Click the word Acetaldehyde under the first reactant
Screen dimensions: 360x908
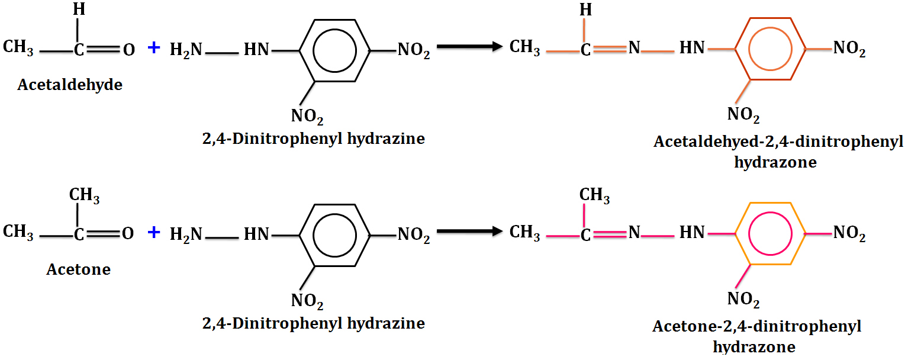click(x=70, y=85)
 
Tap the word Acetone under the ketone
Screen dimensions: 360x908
click(x=78, y=269)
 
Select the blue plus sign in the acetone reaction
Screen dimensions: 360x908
click(x=154, y=233)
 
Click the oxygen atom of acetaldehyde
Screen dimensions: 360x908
click(x=128, y=50)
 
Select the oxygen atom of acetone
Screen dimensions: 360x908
click(x=128, y=234)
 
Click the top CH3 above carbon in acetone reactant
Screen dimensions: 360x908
click(x=84, y=195)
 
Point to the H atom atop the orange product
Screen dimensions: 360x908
click(x=585, y=9)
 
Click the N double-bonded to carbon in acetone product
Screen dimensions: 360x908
click(x=634, y=233)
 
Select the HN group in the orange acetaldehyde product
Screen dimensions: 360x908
click(x=691, y=48)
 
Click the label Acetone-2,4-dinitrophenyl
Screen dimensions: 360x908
click(x=756, y=327)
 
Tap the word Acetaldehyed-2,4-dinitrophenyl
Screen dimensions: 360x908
click(x=778, y=143)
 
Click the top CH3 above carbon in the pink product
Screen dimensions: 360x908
click(x=594, y=195)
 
